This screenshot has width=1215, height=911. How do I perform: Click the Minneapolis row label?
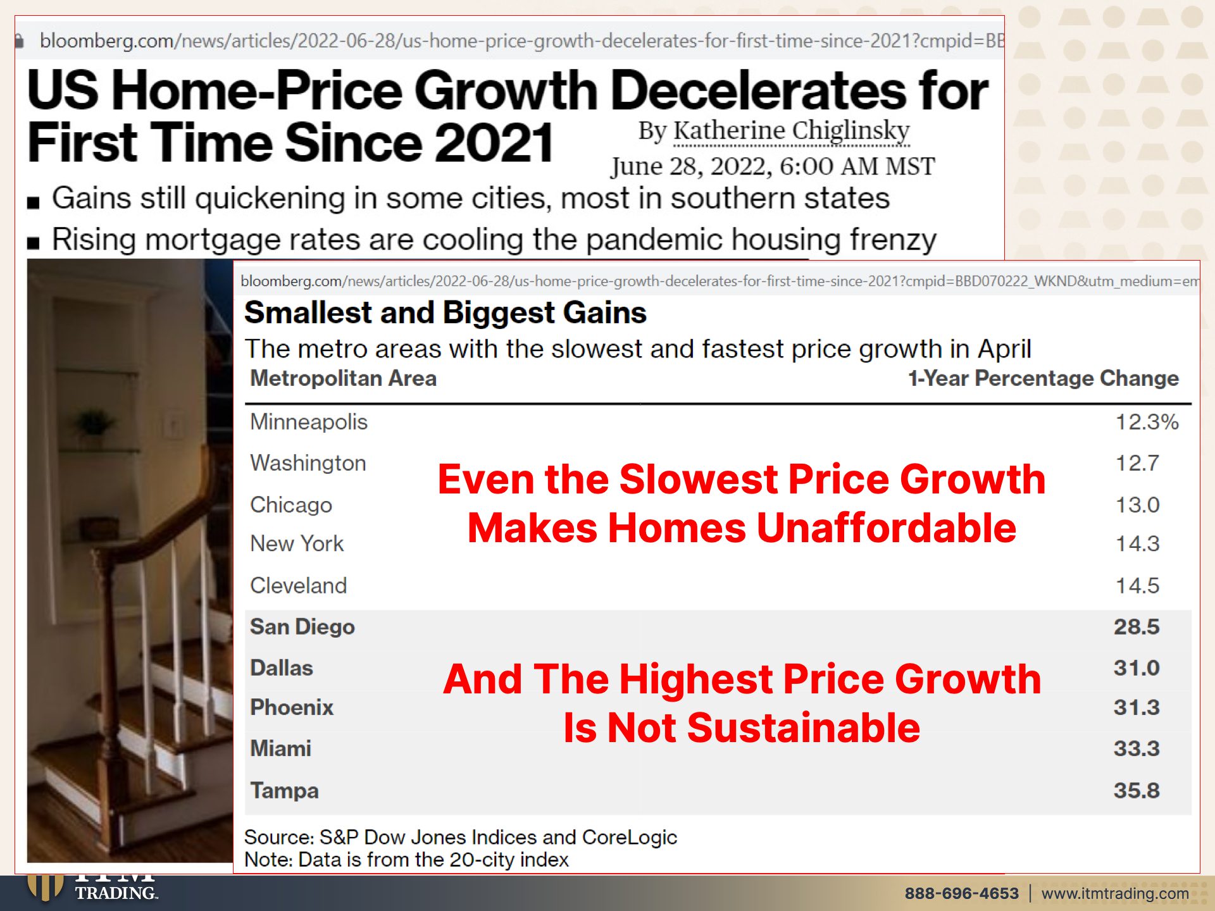tap(309, 422)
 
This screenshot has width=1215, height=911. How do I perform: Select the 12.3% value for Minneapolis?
tap(1147, 422)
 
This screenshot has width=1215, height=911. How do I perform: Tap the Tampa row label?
tap(284, 791)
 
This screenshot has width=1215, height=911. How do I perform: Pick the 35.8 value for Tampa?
tap(1137, 790)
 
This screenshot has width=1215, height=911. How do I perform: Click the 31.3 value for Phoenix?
tap(1137, 707)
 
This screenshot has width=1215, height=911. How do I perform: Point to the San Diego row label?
tap(302, 627)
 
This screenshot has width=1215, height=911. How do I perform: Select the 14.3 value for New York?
tap(1137, 543)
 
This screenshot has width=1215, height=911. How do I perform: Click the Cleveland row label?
tap(299, 586)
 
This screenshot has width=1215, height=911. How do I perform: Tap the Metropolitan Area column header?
tap(344, 378)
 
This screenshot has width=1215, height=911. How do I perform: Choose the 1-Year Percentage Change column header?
tap(1044, 378)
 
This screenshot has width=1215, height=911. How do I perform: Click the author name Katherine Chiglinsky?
tap(791, 130)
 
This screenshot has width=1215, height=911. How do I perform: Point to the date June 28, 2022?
tap(691, 166)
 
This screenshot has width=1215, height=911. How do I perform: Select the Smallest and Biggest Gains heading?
tap(445, 313)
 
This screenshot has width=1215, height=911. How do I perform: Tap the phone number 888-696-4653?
tap(961, 893)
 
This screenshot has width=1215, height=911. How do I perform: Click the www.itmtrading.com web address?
tap(1115, 893)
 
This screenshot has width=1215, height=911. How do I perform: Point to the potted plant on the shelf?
tap(95, 421)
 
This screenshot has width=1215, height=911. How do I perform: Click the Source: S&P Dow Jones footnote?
tap(461, 837)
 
